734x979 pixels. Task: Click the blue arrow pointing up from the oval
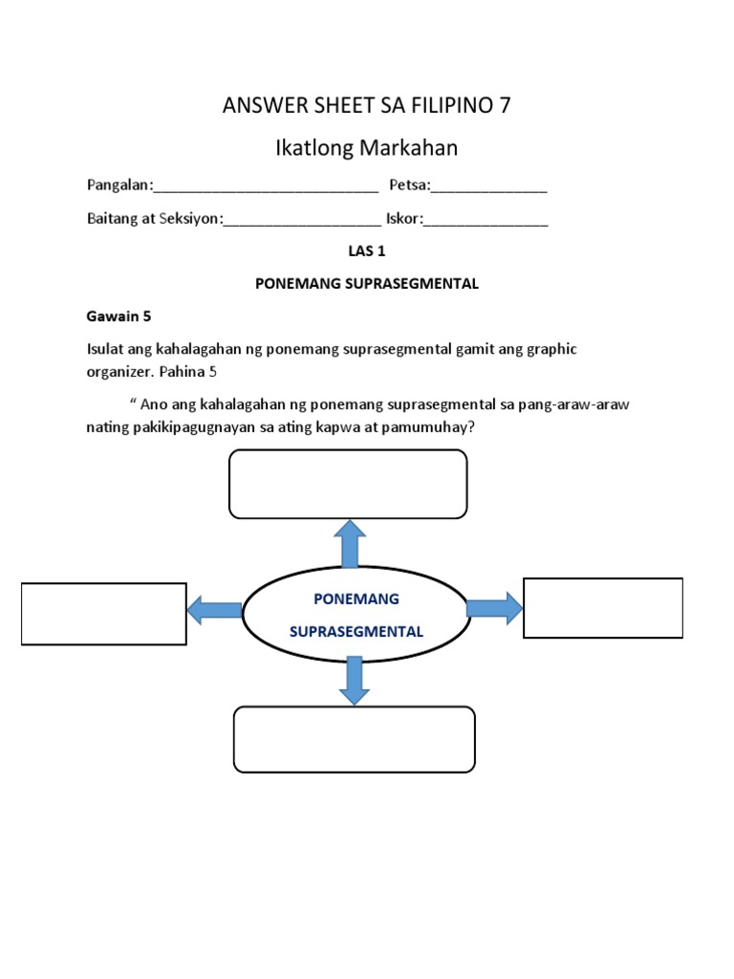tap(350, 543)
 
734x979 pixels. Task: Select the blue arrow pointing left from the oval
tap(214, 610)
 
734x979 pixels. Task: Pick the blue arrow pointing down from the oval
tap(355, 680)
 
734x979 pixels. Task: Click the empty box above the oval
tap(348, 484)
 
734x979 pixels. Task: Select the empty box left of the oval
tap(104, 613)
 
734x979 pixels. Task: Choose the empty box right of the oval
tap(603, 607)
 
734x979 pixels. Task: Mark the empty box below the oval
tap(355, 739)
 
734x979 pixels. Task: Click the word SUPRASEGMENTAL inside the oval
tap(356, 632)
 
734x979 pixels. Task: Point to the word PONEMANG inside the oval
tap(356, 598)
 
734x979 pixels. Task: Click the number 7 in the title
tap(505, 105)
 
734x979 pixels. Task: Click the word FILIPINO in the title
tap(442, 105)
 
